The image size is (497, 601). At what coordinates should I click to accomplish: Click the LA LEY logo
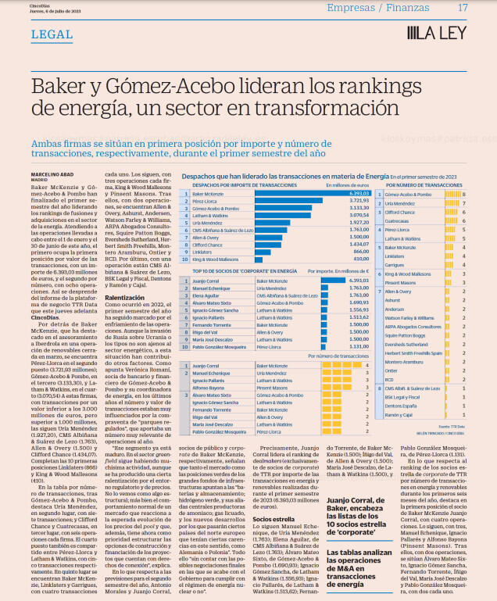(x=438, y=33)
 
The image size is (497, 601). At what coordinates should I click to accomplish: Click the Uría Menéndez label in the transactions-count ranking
(x=402, y=202)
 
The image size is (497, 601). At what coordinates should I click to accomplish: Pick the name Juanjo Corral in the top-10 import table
(x=206, y=279)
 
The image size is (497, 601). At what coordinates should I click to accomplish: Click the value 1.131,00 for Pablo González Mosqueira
(x=359, y=345)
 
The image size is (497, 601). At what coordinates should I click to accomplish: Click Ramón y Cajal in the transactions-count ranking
(x=399, y=414)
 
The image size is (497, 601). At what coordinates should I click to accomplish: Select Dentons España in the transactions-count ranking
(x=400, y=406)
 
